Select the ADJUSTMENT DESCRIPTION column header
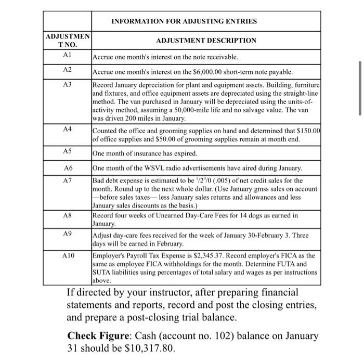click(206, 40)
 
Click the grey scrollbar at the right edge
click(358, 88)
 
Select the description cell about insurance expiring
click(206, 153)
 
